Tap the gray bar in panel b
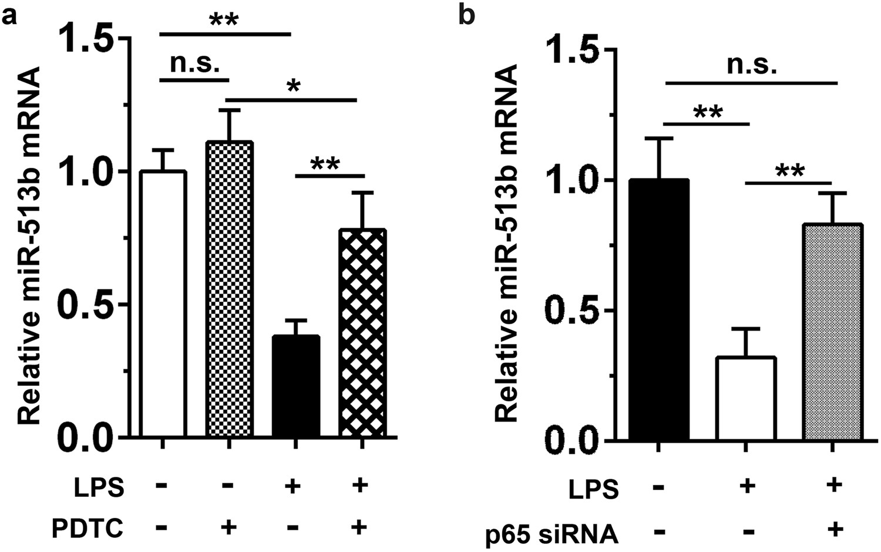(x=832, y=332)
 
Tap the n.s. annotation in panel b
(x=752, y=66)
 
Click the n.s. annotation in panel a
(x=194, y=63)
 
